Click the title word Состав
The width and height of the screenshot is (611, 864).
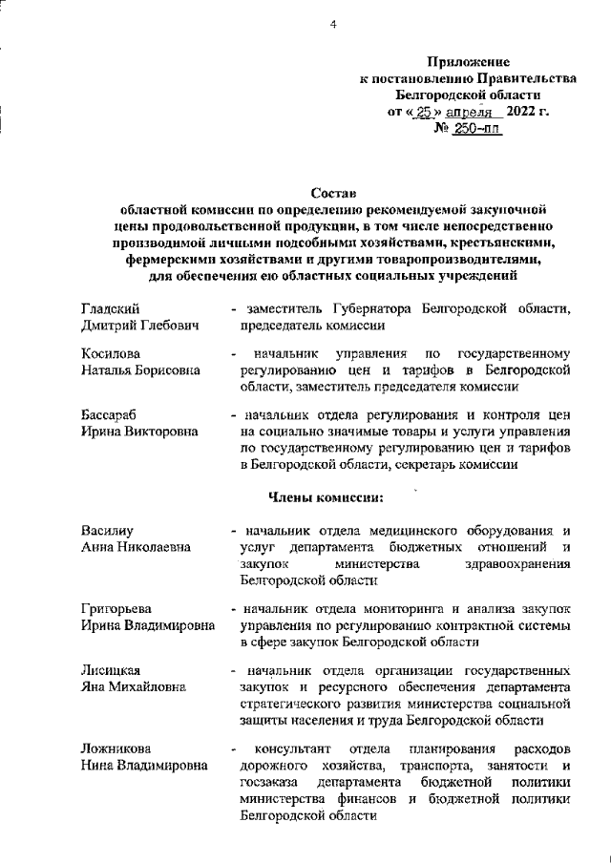333,195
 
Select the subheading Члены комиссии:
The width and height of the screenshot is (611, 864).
326,496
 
